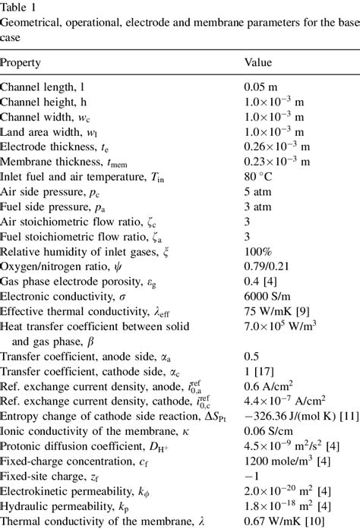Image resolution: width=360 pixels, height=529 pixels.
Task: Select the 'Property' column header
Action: tap(21, 62)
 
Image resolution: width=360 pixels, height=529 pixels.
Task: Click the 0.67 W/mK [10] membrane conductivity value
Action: tap(281, 524)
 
